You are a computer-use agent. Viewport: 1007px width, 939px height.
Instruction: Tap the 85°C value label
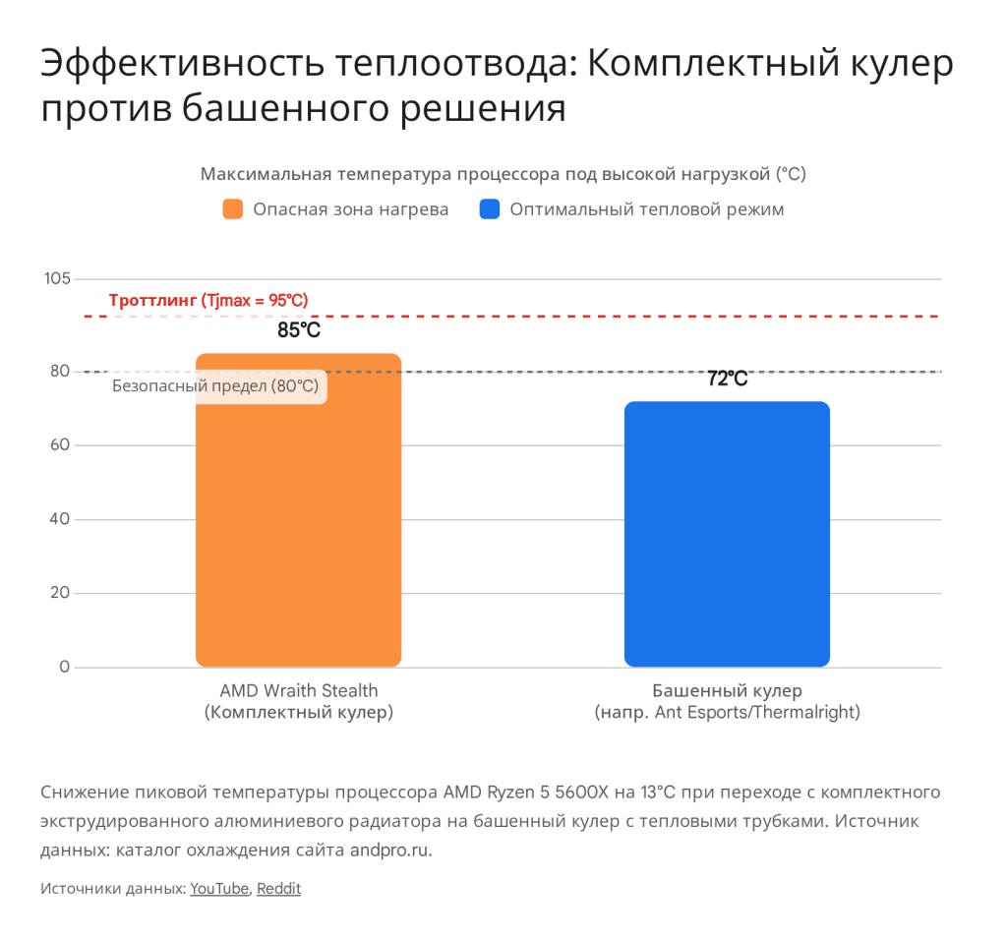click(299, 330)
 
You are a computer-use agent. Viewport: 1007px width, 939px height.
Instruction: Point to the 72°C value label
click(728, 379)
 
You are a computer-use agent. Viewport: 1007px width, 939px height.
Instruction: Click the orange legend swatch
click(233, 209)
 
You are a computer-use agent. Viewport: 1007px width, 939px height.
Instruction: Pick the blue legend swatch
click(490, 209)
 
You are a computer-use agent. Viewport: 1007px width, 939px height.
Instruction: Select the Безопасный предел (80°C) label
click(216, 386)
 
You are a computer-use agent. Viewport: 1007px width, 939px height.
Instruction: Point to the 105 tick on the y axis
click(57, 279)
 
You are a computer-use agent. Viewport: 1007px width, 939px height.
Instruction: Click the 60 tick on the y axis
click(60, 445)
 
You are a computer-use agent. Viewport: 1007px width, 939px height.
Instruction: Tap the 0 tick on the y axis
click(65, 668)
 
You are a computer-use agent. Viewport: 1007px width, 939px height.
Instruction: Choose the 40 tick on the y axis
click(60, 519)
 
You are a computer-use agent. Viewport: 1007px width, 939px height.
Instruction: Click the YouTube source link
click(219, 889)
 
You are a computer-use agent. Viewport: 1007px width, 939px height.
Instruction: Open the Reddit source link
click(278, 889)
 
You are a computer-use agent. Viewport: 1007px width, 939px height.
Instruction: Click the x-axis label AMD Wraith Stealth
click(299, 690)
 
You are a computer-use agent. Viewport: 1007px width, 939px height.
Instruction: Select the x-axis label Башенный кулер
click(727, 690)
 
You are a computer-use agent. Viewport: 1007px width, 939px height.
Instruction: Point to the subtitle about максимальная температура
click(503, 175)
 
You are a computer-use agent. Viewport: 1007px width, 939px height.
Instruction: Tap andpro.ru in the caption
click(390, 850)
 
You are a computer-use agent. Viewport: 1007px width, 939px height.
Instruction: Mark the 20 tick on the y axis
click(60, 593)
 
